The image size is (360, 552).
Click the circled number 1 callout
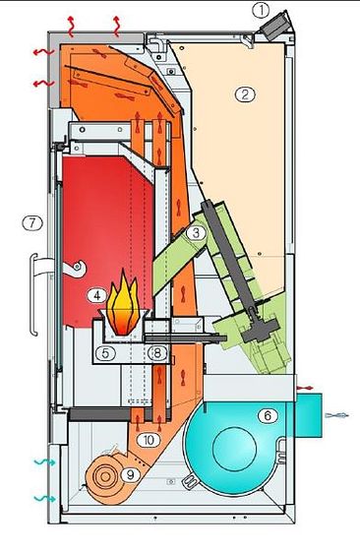(x=261, y=10)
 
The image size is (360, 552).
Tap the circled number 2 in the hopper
(x=245, y=94)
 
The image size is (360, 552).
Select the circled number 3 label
(x=196, y=232)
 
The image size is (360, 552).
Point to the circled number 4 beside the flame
(x=97, y=295)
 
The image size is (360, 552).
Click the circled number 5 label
(x=106, y=353)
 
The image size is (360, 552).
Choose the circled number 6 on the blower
(x=268, y=416)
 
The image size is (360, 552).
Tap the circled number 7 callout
(x=32, y=222)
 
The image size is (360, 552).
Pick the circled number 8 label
(x=157, y=353)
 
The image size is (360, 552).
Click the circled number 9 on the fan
(x=131, y=475)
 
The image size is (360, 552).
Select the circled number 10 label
(x=149, y=440)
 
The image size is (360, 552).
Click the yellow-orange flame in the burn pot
(x=123, y=303)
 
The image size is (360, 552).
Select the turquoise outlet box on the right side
(x=309, y=415)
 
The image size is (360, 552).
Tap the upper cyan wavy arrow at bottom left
(x=44, y=462)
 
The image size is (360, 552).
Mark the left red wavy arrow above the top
(x=71, y=26)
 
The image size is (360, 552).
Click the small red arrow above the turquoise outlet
(x=305, y=388)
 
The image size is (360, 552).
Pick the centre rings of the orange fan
(x=105, y=476)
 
